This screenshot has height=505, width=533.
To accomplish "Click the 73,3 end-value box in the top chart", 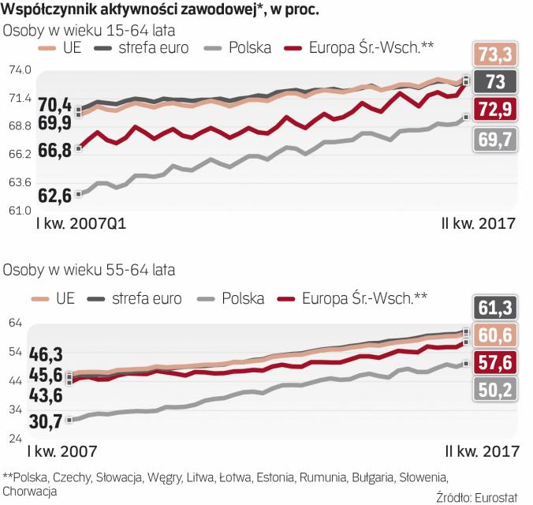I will click(495, 54).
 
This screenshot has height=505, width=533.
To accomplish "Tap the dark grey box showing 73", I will click(495, 81).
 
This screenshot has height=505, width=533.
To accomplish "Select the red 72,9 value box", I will click(495, 110).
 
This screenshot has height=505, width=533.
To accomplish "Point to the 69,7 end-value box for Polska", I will click(495, 139).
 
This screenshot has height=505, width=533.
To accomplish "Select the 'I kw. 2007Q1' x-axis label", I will click(82, 224).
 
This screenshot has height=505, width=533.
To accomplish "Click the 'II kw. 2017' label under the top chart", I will click(477, 224).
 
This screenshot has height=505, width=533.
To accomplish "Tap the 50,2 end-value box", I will click(495, 389).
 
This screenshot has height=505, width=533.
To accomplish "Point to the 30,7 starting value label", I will click(45, 421).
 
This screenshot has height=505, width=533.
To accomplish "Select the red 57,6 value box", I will click(495, 361).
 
